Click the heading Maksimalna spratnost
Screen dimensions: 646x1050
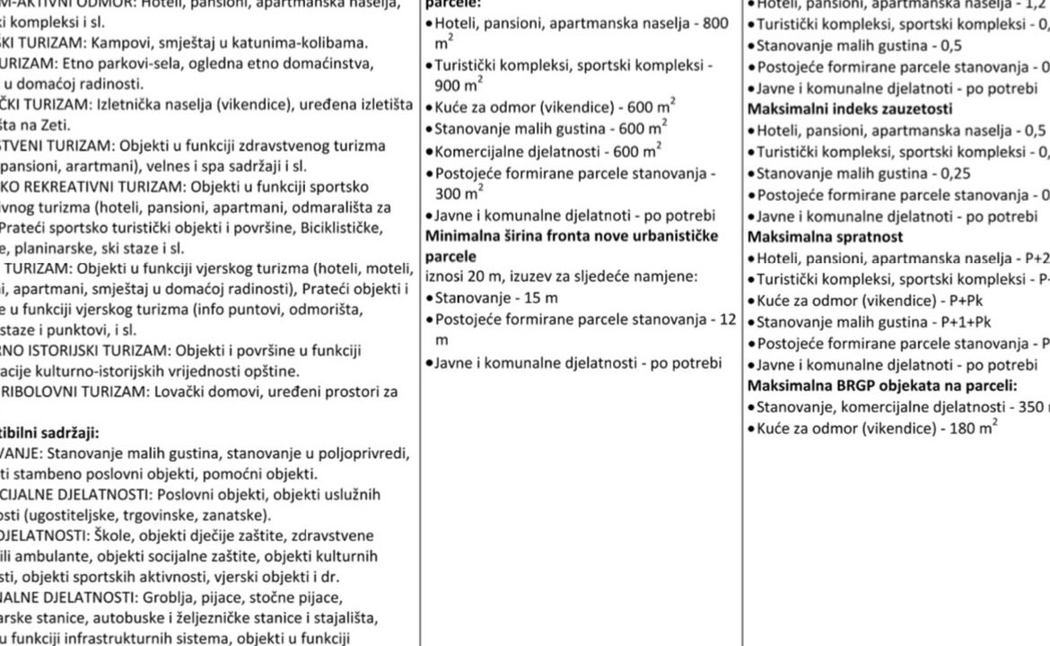tap(826, 238)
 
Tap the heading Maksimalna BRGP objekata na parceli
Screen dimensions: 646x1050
tap(882, 386)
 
